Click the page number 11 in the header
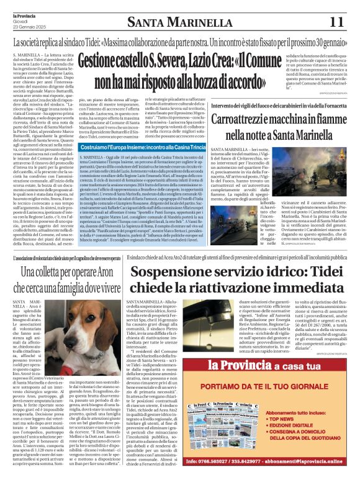(336, 22)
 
